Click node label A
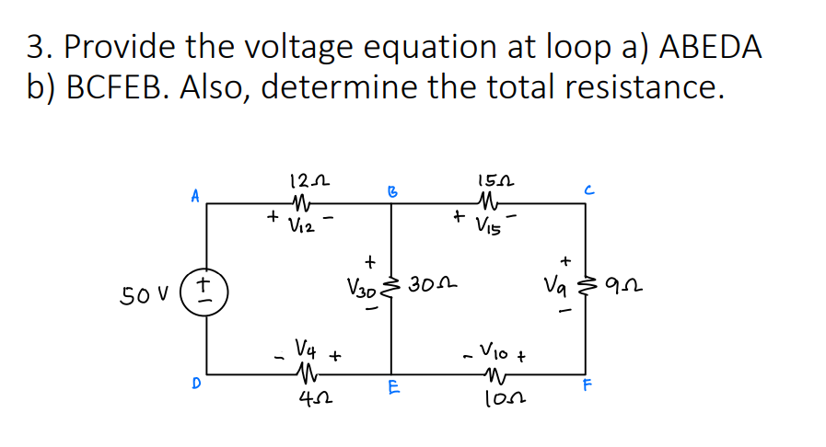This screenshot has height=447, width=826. click(195, 196)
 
